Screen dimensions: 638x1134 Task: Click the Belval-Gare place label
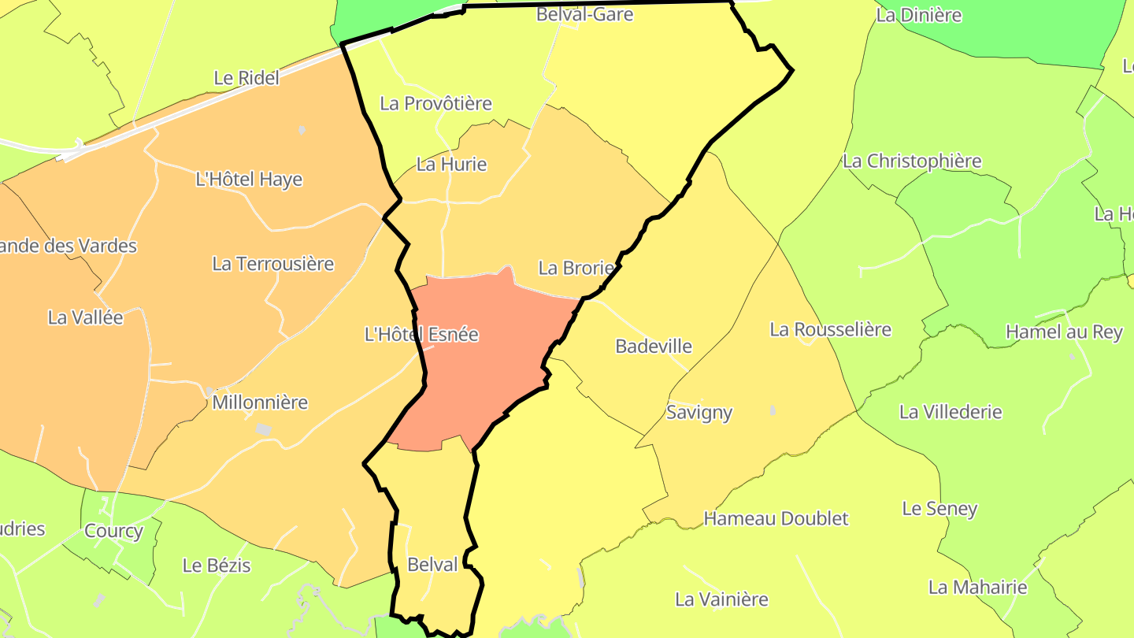tap(584, 14)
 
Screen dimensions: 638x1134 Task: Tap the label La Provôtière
tap(435, 103)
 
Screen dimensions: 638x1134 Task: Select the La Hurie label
tap(451, 165)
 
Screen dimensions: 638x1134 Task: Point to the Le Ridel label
tap(246, 78)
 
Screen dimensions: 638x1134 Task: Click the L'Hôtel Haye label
tap(249, 180)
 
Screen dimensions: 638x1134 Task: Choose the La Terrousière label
tap(273, 264)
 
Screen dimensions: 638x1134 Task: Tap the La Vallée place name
tap(86, 317)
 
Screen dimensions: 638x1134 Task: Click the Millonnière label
tap(260, 402)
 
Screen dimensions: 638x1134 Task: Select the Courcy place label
tap(113, 531)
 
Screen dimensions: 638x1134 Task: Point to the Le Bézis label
tap(217, 566)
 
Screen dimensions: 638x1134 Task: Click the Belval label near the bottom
tap(432, 565)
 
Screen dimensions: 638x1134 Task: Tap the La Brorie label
tap(576, 268)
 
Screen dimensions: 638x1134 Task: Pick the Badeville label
tap(654, 346)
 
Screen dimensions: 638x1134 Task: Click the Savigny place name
tap(699, 412)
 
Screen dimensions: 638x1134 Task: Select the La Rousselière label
tap(830, 329)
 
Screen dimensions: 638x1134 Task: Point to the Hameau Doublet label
tap(776, 518)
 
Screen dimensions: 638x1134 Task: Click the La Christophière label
tap(912, 161)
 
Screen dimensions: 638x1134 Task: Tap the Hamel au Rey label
tap(1064, 332)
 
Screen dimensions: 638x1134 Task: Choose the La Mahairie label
tap(977, 587)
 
